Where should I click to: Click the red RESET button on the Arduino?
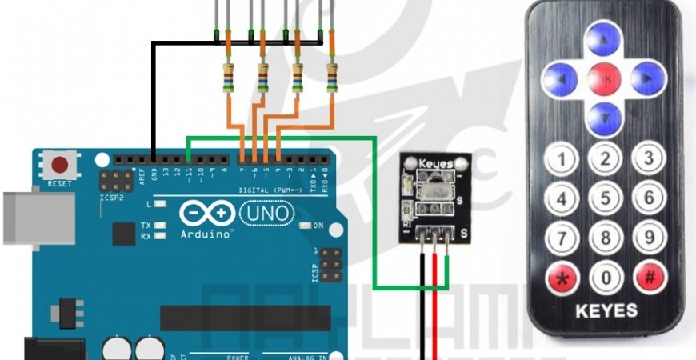(59, 166)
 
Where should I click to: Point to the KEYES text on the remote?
(606, 310)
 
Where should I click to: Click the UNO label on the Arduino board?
(266, 213)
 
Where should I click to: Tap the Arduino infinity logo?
(206, 214)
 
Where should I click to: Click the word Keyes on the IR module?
(435, 163)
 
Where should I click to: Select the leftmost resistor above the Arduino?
(227, 79)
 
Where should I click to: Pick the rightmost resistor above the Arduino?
(332, 79)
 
